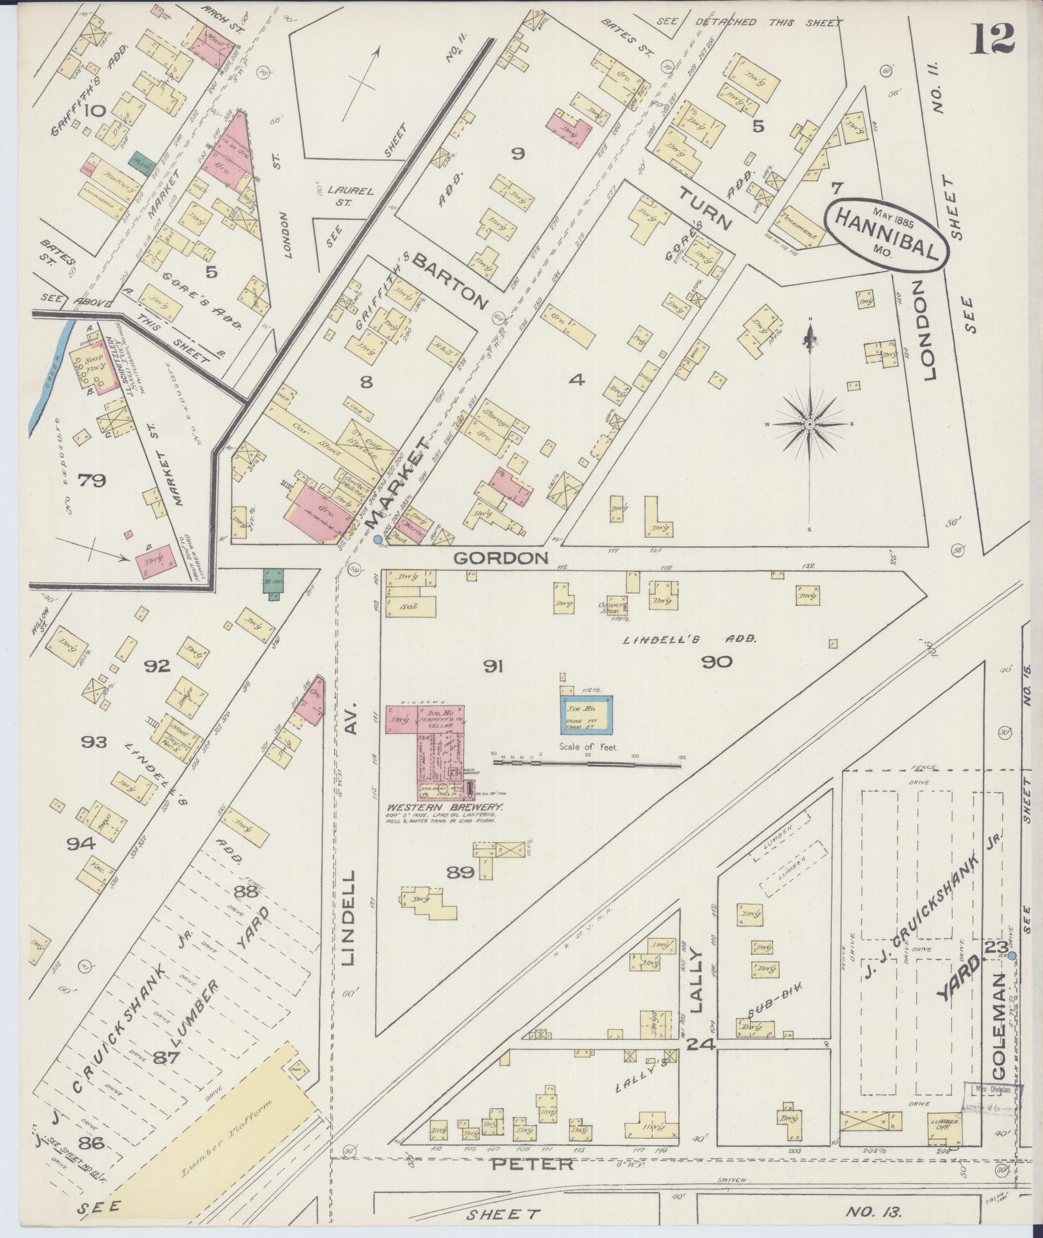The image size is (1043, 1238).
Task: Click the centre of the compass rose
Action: [x=809, y=425]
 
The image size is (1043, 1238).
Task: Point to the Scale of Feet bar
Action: [x=587, y=764]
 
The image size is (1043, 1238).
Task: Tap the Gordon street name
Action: [x=500, y=558]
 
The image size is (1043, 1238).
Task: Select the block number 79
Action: [x=91, y=480]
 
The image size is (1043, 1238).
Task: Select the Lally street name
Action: [x=696, y=980]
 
